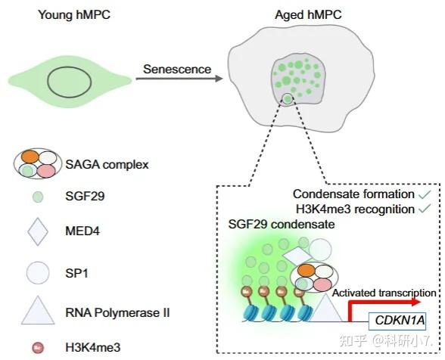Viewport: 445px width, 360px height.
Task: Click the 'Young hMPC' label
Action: pos(74,15)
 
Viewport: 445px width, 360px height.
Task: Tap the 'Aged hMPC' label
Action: pos(308,15)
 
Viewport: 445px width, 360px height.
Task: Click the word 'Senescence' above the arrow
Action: pos(177,70)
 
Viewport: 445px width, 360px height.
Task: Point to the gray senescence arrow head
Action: pos(218,79)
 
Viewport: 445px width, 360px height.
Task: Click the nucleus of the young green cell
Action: pos(70,82)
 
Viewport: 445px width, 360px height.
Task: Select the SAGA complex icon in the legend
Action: pos(38,163)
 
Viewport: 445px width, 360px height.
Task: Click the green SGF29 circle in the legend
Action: pos(38,197)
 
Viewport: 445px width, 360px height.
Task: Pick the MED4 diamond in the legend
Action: pos(38,231)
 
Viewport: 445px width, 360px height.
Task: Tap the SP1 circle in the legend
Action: pos(38,273)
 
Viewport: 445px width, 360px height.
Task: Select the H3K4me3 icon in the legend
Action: pos(38,348)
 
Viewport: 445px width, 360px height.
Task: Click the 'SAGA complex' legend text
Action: pos(107,165)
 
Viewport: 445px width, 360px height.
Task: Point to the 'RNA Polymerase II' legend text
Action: pos(117,312)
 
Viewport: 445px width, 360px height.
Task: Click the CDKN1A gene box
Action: pos(397,321)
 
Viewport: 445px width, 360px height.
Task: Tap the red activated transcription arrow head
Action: pos(416,302)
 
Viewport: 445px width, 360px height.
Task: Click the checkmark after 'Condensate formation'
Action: pos(425,194)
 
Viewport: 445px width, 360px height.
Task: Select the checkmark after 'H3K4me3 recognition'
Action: pos(425,209)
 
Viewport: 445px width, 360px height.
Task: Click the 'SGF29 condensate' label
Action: pos(282,225)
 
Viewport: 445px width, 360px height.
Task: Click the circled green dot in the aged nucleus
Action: pos(288,99)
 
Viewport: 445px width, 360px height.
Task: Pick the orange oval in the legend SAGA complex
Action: pos(30,157)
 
